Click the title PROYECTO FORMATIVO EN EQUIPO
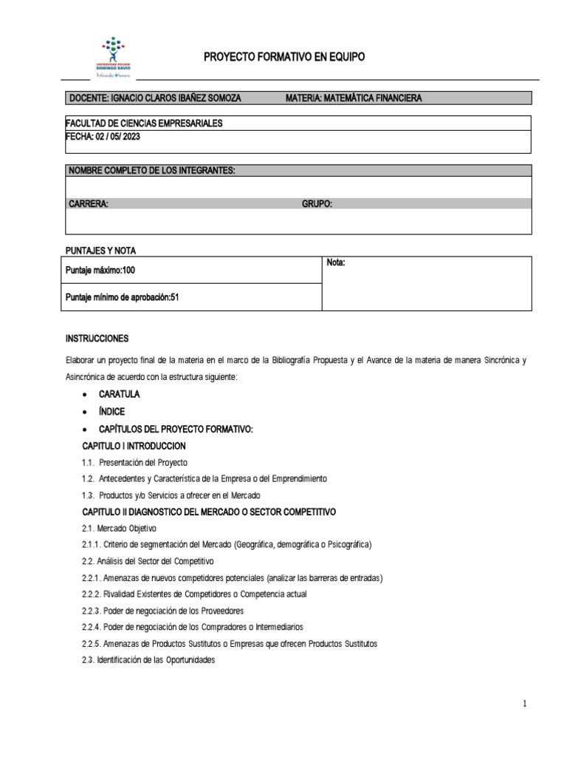[283, 57]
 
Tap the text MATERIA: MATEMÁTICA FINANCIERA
[354, 98]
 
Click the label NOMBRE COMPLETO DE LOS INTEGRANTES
[151, 171]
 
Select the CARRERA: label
[89, 203]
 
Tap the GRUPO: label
[317, 203]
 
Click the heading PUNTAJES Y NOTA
[100, 251]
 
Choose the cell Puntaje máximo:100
[100, 271]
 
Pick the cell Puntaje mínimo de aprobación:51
[123, 297]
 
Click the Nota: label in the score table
[336, 263]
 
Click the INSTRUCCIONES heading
[97, 339]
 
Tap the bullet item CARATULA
[119, 394]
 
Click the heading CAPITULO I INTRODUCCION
[134, 446]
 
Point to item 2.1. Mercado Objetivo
[119, 528]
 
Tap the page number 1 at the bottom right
[524, 705]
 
